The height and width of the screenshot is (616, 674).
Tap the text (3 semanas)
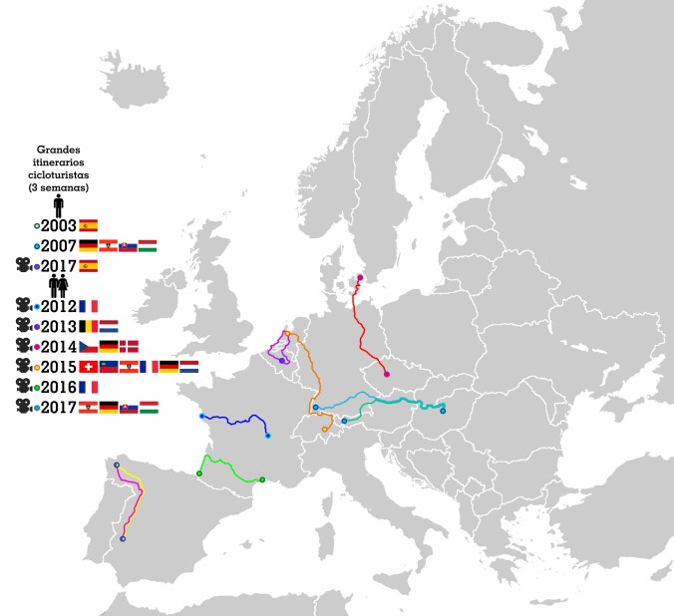[59, 186]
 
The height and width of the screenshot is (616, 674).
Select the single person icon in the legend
[59, 205]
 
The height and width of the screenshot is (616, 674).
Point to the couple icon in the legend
[59, 285]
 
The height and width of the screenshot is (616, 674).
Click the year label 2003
[58, 225]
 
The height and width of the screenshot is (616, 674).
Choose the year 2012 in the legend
[58, 305]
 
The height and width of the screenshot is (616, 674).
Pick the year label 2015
[58, 366]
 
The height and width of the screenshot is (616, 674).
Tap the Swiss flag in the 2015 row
[88, 366]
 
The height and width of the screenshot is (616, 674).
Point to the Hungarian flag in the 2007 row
[148, 245]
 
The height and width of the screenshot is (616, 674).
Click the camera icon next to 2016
[21, 386]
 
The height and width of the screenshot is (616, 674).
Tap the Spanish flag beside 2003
[88, 225]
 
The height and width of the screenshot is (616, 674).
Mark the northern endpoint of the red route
[360, 278]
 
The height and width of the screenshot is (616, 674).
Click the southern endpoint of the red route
[386, 375]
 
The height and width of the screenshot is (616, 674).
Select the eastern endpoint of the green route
[262, 479]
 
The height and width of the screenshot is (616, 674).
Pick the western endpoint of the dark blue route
[201, 416]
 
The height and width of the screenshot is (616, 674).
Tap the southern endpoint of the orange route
[325, 429]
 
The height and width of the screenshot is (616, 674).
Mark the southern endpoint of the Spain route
[123, 539]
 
